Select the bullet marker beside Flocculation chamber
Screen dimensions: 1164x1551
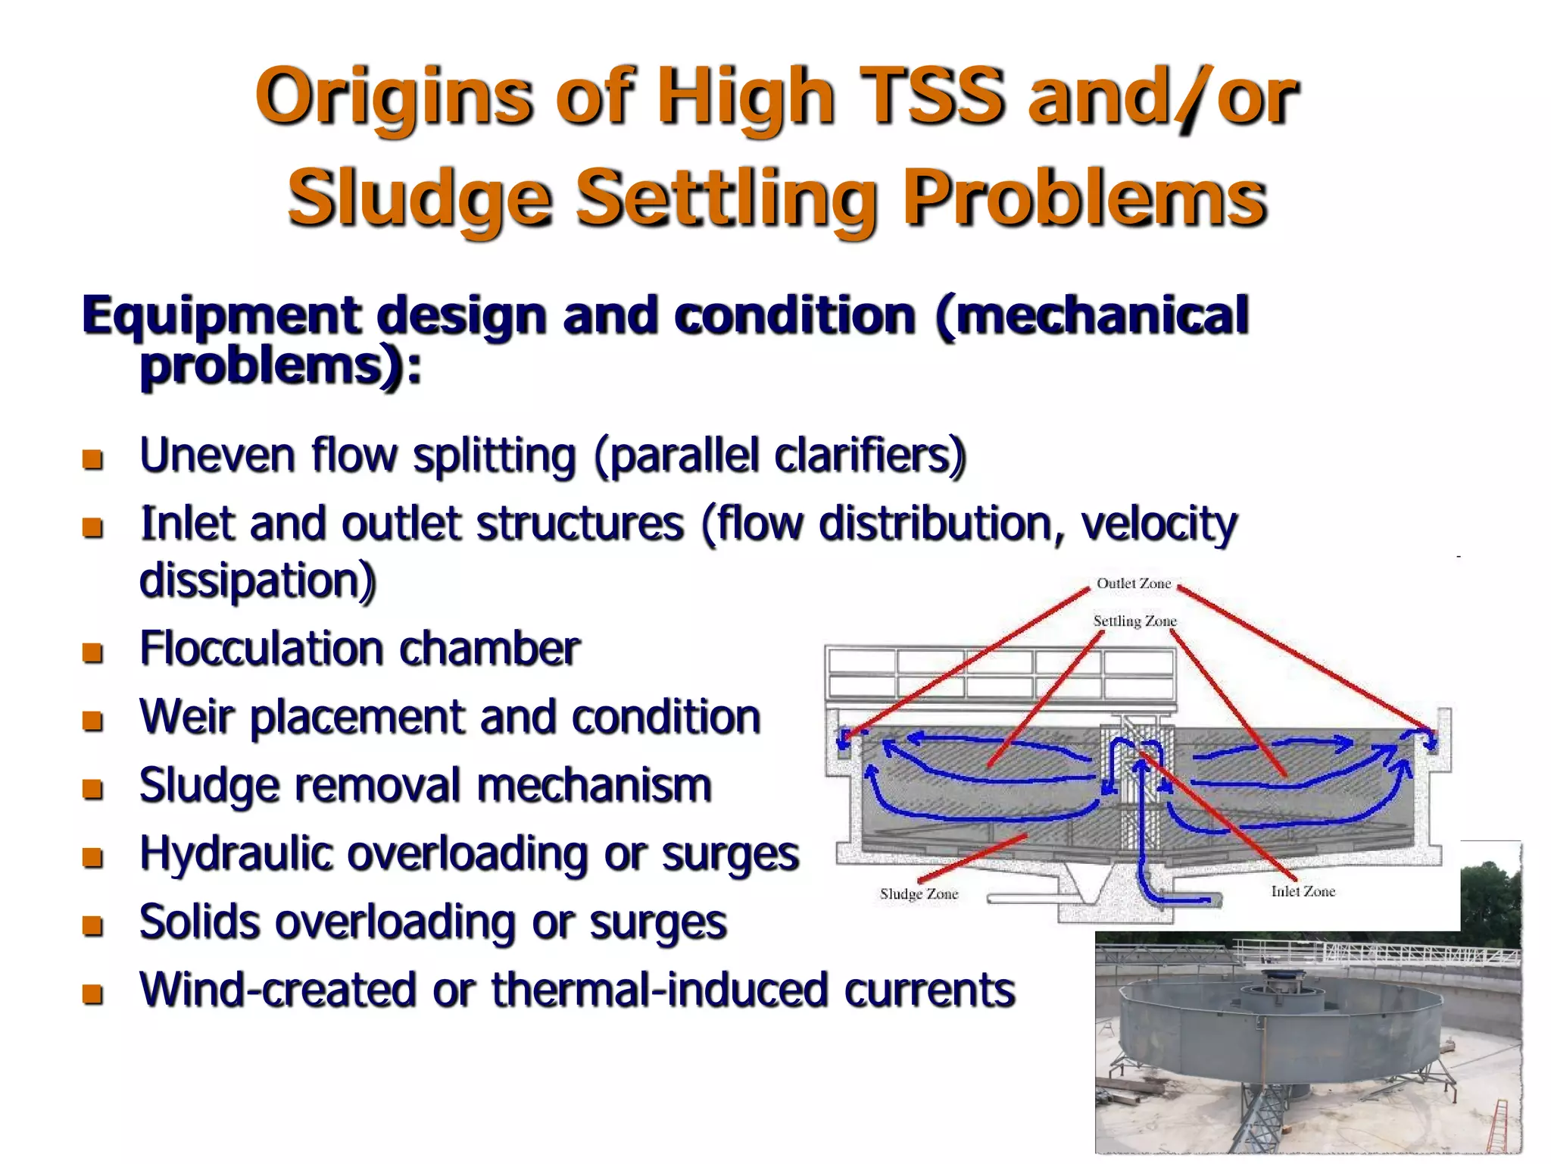[92, 652]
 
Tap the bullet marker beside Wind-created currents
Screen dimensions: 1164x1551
[92, 993]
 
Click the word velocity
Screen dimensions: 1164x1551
[1158, 524]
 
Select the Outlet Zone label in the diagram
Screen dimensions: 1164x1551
[1134, 584]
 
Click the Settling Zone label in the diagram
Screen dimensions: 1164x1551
[1134, 621]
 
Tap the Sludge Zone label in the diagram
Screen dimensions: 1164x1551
[919, 894]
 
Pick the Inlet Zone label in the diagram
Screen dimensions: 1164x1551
[1303, 892]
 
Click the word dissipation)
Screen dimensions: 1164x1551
[257, 581]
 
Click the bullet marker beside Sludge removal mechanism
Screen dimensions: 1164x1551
[92, 790]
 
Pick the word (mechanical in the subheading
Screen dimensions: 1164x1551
[1091, 317]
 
